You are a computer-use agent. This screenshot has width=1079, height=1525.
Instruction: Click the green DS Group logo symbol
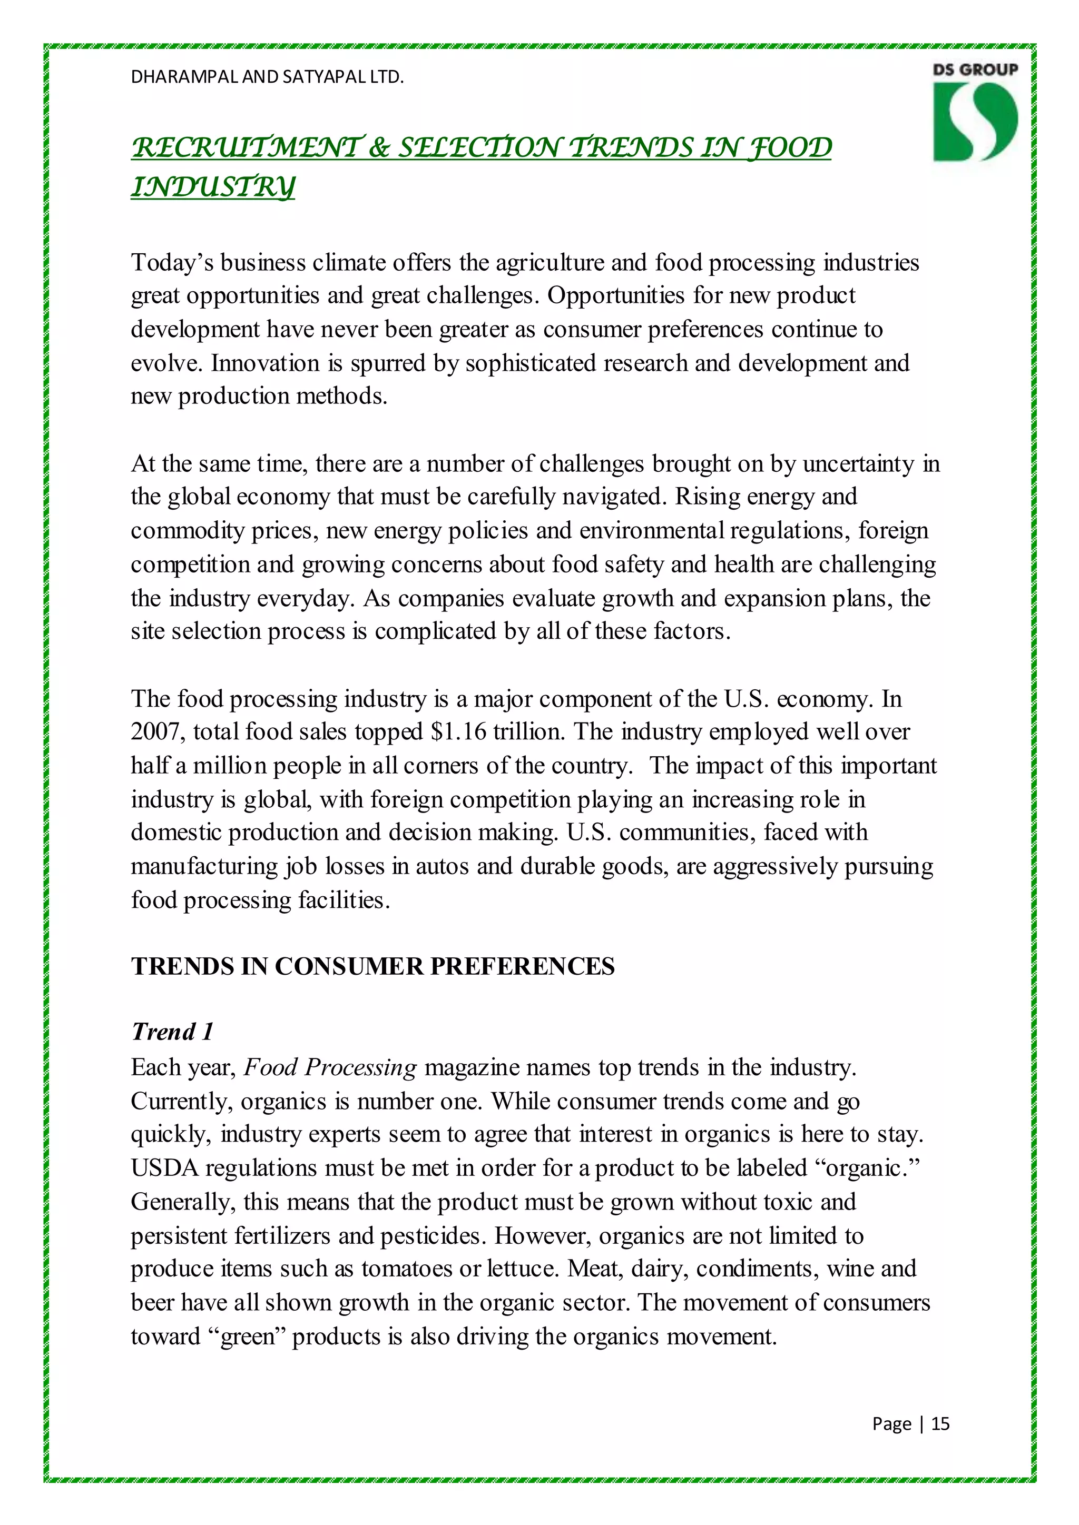(x=975, y=122)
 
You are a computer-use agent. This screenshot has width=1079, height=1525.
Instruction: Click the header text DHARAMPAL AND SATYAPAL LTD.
(x=267, y=77)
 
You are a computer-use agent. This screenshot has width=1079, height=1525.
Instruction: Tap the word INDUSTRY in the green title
(x=213, y=187)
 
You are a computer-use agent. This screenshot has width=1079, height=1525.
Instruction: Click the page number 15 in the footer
(x=940, y=1423)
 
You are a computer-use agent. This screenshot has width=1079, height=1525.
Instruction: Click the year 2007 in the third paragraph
(x=158, y=732)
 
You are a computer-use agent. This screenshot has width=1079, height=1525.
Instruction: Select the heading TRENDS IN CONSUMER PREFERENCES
(x=372, y=966)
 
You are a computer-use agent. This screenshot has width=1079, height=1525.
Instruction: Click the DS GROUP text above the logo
(x=975, y=70)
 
